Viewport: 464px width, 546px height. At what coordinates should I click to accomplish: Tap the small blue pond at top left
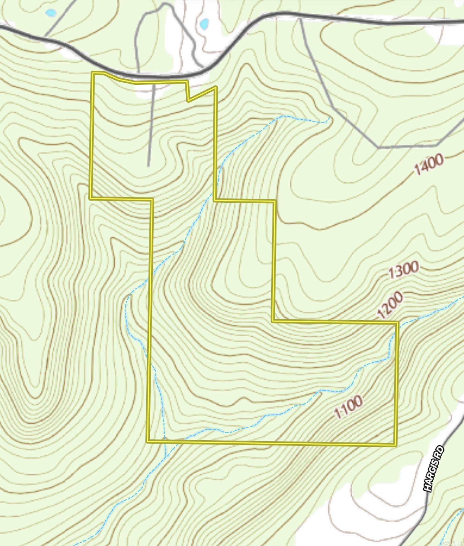(x=51, y=12)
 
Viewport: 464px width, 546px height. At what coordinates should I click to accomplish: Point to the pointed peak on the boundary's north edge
(x=216, y=87)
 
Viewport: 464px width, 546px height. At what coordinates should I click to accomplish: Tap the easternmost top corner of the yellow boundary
(x=397, y=323)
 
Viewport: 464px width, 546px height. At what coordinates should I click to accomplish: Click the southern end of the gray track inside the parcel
(x=148, y=166)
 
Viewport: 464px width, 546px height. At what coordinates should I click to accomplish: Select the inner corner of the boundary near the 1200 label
(x=274, y=321)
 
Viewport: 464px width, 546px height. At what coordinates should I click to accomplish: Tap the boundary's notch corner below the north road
(x=188, y=101)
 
